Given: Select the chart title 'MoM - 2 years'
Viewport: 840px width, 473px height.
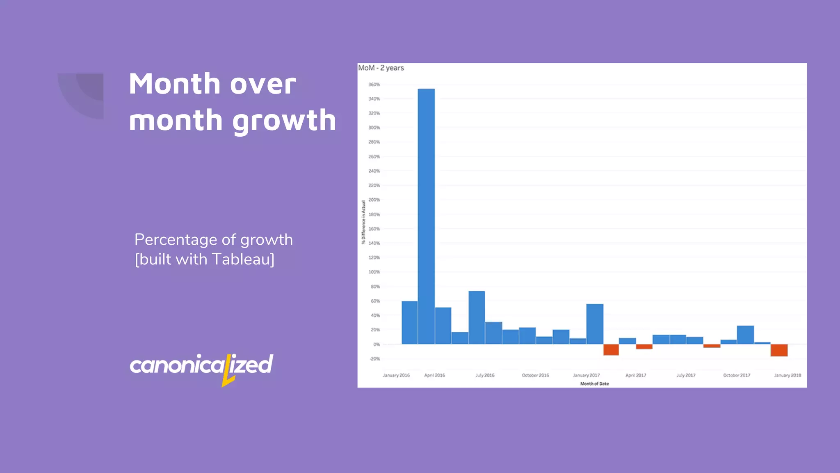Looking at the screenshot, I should click(381, 68).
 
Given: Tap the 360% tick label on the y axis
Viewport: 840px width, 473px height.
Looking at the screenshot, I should click(374, 85).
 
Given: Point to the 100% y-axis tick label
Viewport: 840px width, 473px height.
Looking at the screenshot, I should click(374, 272).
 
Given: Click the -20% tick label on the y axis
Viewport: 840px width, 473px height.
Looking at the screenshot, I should click(375, 359).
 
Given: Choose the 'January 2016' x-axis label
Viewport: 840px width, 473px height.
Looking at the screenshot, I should click(396, 375).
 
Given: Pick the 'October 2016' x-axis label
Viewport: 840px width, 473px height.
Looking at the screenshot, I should click(535, 375).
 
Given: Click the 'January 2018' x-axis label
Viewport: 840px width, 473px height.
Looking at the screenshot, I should click(787, 375).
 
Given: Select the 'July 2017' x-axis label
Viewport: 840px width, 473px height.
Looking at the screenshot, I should click(686, 375).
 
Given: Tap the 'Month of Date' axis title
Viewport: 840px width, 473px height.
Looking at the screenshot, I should click(594, 384).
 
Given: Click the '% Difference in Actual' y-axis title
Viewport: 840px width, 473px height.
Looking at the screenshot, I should click(363, 222).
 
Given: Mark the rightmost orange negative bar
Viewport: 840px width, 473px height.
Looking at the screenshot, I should click(779, 350).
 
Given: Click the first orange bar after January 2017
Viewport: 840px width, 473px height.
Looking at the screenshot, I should click(611, 350).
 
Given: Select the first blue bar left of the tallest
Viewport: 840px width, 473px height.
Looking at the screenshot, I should click(409, 323).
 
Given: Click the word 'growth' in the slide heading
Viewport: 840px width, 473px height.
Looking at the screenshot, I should click(284, 120).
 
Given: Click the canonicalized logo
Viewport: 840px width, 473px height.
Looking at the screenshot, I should click(201, 365).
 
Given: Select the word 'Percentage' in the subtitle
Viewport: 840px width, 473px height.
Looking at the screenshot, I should click(175, 240).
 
